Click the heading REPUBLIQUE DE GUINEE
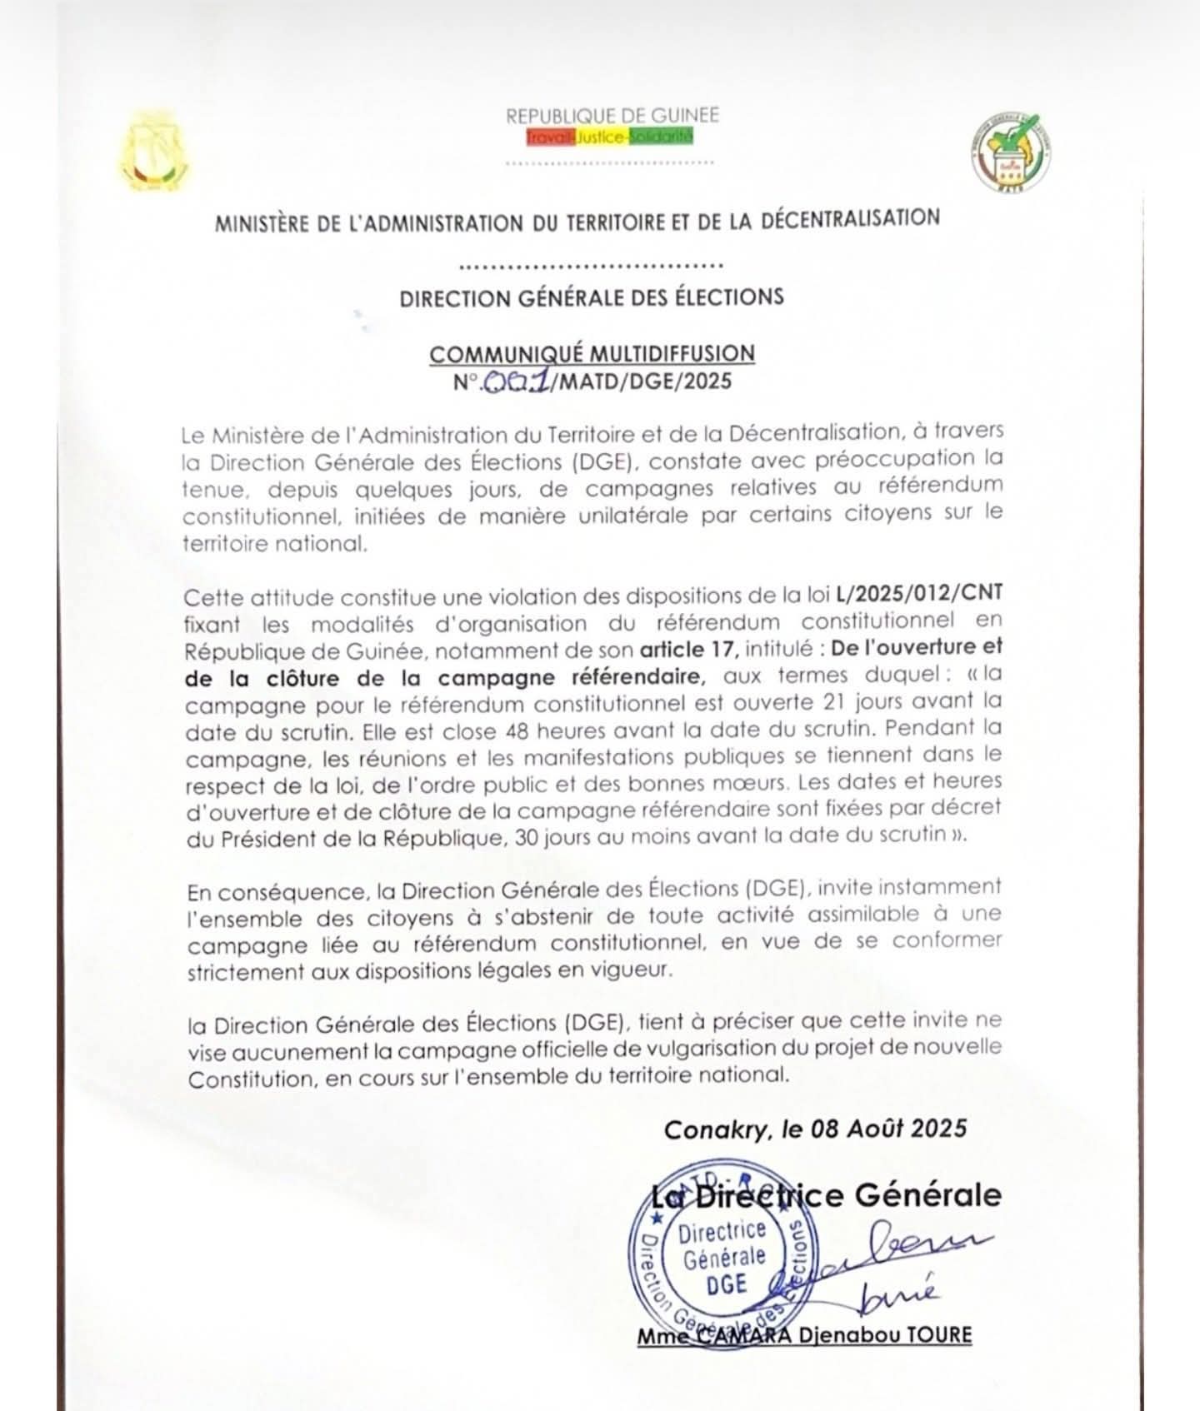pyautogui.click(x=612, y=116)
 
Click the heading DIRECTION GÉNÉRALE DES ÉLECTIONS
pyautogui.click(x=592, y=297)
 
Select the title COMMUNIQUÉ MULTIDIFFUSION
pyautogui.click(x=592, y=352)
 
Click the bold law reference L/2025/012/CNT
pyautogui.click(x=918, y=594)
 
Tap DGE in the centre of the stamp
pyautogui.click(x=726, y=1284)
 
